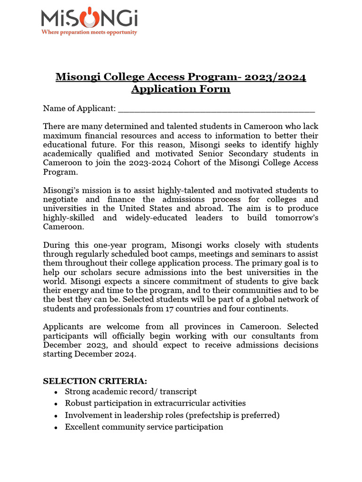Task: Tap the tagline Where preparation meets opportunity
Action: point(89,32)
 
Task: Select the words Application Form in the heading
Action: point(181,89)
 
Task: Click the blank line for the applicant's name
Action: point(216,109)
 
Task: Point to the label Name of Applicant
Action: point(79,109)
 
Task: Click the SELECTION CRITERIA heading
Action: point(95,381)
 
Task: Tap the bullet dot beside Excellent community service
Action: point(56,427)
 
